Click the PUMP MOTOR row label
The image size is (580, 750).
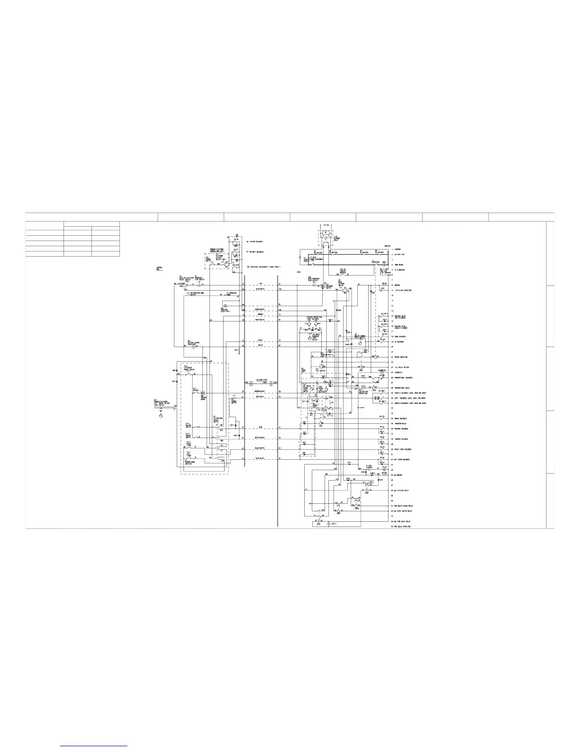point(398,265)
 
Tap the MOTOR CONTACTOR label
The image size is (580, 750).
point(400,357)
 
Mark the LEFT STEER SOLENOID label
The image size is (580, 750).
point(402,459)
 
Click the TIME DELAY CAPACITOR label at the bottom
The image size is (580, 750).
point(401,526)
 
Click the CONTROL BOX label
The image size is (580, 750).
point(159,268)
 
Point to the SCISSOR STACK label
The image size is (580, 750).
point(262,380)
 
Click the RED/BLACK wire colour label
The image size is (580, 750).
point(259,396)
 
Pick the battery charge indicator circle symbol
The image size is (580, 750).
point(193,347)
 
